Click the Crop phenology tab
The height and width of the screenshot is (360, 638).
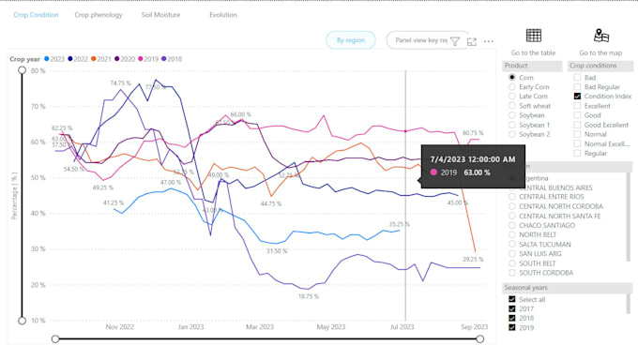coord(99,15)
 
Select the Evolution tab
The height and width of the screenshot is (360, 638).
coord(223,15)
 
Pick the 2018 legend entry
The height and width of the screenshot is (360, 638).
coord(172,58)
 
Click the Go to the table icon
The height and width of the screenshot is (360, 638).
coord(533,37)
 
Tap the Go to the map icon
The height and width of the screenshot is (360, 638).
coord(601,37)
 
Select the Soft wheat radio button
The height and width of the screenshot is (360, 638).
coord(512,106)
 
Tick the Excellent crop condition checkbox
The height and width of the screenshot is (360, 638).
coord(577,106)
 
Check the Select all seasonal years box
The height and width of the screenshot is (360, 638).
coord(512,299)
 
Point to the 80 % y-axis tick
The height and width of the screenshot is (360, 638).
coord(38,71)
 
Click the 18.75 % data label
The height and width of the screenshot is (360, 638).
coord(310,296)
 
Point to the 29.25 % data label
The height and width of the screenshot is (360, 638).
coord(473,260)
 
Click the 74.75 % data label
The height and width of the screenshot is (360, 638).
coord(119,83)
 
